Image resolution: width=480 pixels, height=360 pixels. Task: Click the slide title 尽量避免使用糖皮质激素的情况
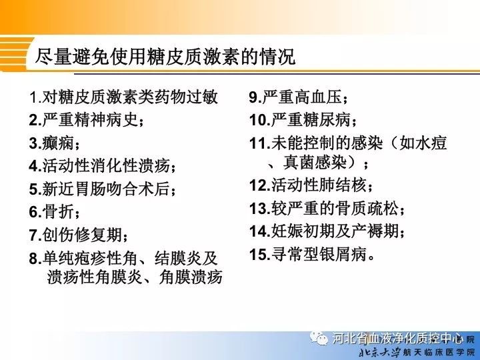pos(165,56)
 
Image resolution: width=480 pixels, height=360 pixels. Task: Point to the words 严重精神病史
pos(90,120)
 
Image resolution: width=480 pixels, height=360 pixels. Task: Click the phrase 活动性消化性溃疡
pos(106,165)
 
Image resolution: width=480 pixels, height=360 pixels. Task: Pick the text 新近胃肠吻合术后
pos(106,189)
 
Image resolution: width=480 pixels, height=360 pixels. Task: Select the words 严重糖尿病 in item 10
pos(311,120)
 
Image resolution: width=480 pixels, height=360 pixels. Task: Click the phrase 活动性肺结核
pos(319,185)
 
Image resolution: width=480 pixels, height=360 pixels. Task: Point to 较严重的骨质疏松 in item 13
pos(335,208)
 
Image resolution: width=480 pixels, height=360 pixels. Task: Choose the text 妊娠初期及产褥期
pos(335,231)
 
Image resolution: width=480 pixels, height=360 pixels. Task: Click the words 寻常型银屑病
pos(319,254)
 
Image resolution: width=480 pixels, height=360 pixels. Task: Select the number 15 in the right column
pos(259,255)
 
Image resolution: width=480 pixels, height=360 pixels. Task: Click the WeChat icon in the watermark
pos(319,338)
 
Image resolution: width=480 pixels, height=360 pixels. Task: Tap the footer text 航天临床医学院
pos(439,353)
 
